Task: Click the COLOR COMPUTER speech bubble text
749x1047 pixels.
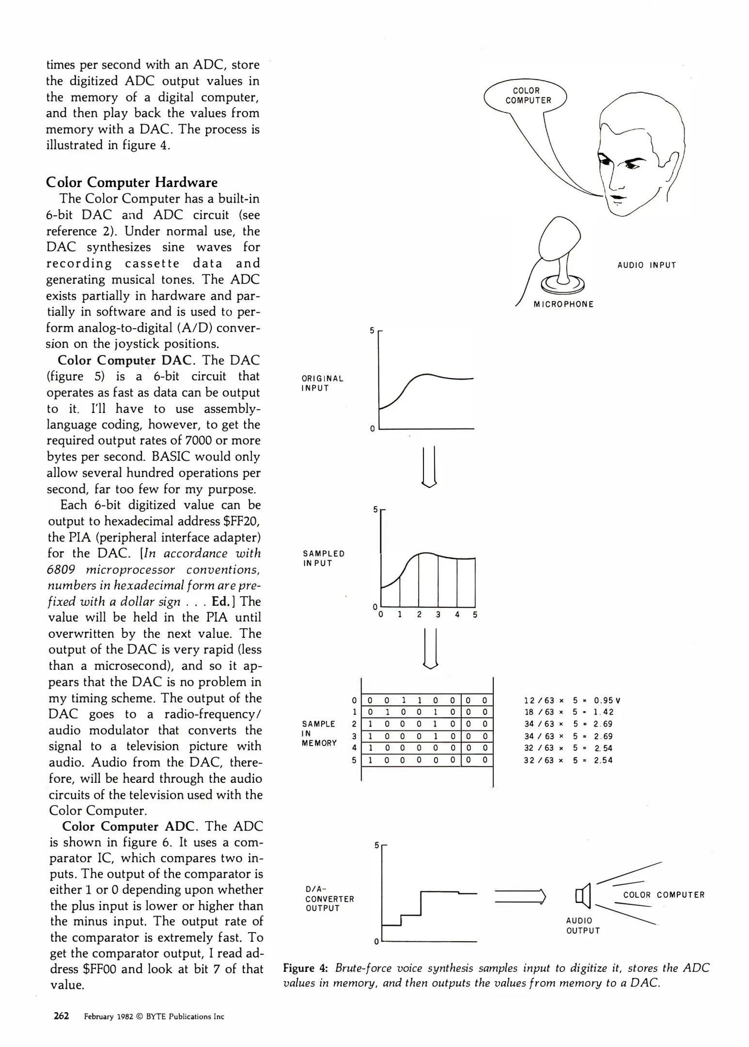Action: (x=528, y=95)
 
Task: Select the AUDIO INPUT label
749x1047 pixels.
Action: (x=646, y=265)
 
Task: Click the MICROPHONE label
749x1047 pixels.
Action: (x=563, y=304)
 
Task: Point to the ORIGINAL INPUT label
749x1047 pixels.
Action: (x=322, y=383)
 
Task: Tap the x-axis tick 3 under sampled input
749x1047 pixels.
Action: (x=438, y=615)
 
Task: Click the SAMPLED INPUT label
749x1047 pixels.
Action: (x=324, y=558)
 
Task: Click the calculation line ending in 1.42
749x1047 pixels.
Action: (x=568, y=712)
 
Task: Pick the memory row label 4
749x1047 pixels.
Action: (x=354, y=748)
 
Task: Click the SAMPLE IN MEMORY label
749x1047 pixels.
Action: (x=319, y=733)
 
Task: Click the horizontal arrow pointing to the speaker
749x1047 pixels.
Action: (x=520, y=896)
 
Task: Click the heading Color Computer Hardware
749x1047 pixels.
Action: (x=132, y=182)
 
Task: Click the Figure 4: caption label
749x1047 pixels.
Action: (x=306, y=968)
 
